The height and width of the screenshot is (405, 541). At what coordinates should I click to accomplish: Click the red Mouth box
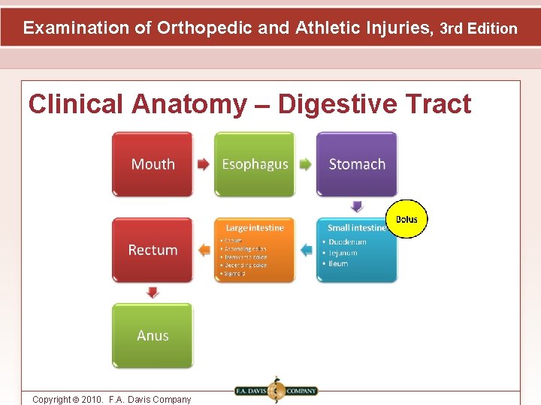tap(153, 164)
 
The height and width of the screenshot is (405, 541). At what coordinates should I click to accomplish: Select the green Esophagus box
tap(255, 164)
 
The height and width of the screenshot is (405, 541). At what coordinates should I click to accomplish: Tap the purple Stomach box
tap(357, 164)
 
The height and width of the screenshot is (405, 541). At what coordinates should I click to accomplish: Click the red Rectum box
tap(153, 250)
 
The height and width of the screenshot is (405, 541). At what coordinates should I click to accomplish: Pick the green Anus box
tap(153, 335)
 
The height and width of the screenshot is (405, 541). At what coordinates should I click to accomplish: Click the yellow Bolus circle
tap(407, 219)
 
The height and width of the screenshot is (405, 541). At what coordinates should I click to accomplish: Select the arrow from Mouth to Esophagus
tap(204, 164)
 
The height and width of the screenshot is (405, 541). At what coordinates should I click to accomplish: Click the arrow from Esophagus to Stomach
tap(305, 164)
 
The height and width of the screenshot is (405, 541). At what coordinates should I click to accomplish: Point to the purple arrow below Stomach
tap(357, 206)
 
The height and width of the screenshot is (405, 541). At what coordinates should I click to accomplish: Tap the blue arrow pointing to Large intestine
tap(306, 250)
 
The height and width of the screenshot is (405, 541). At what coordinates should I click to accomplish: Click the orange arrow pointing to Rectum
tap(204, 250)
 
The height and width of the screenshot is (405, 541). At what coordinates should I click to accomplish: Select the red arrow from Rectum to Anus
tap(153, 292)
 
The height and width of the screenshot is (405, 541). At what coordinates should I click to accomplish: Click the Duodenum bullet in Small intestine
tap(347, 242)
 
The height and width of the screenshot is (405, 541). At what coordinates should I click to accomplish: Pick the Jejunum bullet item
tap(343, 253)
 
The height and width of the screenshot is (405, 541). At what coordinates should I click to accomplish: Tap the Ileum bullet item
tap(338, 263)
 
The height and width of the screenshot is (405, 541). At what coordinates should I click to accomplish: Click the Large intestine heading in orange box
tap(255, 227)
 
